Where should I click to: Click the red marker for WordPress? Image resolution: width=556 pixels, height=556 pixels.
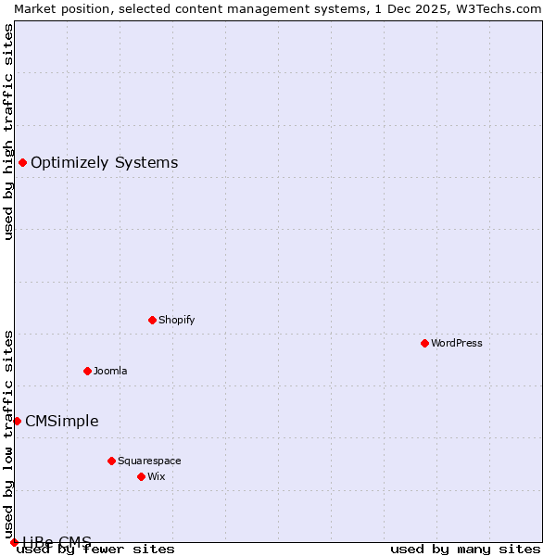coord(424,343)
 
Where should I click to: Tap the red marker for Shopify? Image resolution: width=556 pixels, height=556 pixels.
coord(152,320)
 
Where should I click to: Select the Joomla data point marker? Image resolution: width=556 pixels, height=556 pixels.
coord(87,371)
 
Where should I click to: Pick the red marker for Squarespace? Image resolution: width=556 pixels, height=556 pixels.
coord(111,461)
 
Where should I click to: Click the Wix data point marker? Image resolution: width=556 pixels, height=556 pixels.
coord(141,476)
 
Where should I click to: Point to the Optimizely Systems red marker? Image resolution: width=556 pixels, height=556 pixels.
coord(22,163)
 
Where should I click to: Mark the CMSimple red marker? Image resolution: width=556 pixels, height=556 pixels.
coord(17,421)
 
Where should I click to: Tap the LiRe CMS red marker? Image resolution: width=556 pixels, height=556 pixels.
coord(14,542)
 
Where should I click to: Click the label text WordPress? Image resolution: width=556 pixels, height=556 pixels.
coord(457,343)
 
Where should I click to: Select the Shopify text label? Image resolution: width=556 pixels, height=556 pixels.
coord(176,320)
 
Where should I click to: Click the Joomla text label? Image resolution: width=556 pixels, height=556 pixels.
coord(110,371)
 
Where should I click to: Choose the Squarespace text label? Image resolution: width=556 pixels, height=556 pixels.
coord(149,461)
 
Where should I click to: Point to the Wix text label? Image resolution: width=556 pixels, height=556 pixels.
coord(157,476)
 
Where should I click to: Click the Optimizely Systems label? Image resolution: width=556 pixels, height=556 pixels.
coord(104,163)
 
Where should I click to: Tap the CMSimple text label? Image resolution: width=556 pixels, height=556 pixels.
coord(61,421)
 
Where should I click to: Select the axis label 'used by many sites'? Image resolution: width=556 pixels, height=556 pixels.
coord(465,549)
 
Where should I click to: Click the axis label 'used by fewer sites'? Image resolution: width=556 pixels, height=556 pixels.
coord(96,549)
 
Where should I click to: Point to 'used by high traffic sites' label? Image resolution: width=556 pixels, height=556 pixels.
coord(8,132)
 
